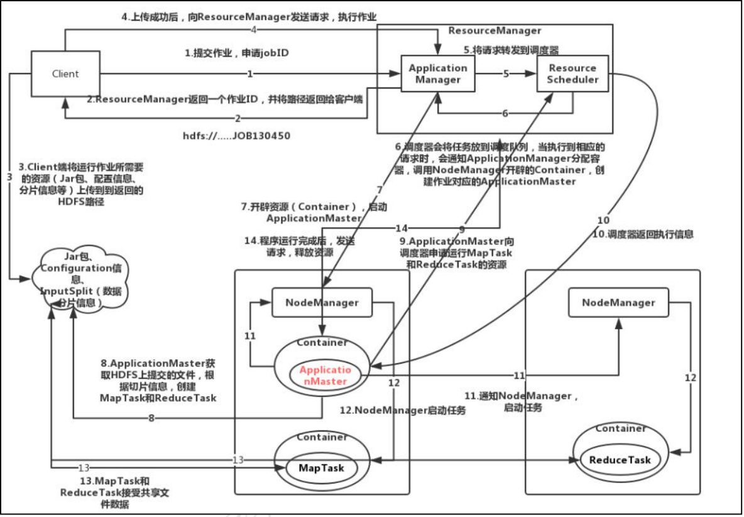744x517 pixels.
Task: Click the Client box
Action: pos(65,73)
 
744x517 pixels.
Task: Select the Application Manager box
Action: pos(438,73)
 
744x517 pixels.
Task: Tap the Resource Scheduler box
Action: pos(572,73)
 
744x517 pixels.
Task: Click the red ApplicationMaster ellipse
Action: pos(322,376)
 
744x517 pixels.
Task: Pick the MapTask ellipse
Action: pos(321,468)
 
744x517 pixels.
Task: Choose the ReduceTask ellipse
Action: pos(620,460)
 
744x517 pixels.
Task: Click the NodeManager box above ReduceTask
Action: pos(618,303)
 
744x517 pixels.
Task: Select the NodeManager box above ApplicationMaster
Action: pos(322,303)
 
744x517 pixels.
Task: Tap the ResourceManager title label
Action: pos(495,30)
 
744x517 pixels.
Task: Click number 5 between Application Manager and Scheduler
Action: pos(506,73)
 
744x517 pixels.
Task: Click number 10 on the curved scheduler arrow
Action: pos(603,220)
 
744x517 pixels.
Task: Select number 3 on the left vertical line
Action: pos(9,177)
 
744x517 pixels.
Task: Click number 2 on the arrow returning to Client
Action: pos(238,118)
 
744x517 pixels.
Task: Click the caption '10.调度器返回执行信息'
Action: pos(643,234)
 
